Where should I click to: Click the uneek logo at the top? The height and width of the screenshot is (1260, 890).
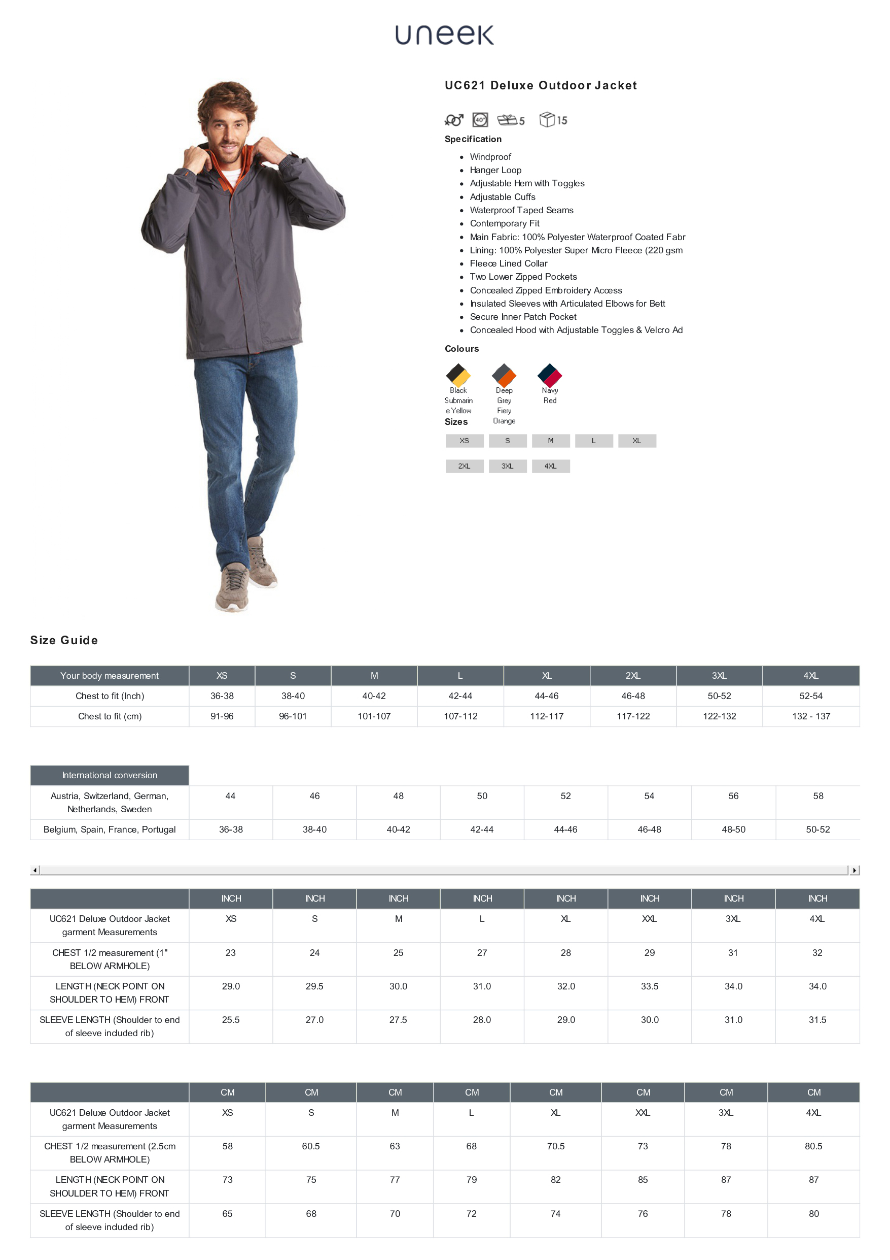click(x=444, y=35)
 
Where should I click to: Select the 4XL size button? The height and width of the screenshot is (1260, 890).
click(x=550, y=466)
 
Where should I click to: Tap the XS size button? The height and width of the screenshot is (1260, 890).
click(x=464, y=441)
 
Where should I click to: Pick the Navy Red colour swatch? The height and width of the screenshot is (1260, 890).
click(x=549, y=375)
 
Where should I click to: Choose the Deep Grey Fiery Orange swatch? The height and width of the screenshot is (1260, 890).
click(x=504, y=375)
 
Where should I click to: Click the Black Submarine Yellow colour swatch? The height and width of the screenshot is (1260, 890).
click(x=458, y=375)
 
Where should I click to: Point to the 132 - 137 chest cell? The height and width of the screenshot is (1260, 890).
click(x=810, y=716)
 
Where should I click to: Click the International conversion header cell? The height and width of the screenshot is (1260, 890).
click(x=110, y=775)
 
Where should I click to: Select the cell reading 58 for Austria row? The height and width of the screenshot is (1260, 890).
click(x=817, y=795)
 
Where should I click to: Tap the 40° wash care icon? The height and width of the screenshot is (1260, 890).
click(x=480, y=120)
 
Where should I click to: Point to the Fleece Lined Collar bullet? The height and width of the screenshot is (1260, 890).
click(x=508, y=263)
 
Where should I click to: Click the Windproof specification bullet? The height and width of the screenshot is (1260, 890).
click(x=490, y=157)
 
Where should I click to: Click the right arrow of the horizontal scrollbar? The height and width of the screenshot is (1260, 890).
click(x=855, y=870)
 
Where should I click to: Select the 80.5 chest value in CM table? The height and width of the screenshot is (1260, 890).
click(x=813, y=1146)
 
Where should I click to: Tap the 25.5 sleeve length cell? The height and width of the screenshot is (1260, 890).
click(x=230, y=1020)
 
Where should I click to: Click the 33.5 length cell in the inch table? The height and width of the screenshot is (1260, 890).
click(x=649, y=986)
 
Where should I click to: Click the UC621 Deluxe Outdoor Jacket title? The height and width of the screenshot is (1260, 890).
click(x=541, y=86)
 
